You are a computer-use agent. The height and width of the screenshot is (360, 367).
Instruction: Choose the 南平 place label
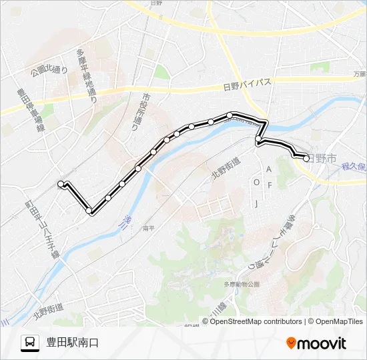[x=149, y=228]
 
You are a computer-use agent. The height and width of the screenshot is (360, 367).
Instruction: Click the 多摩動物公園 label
[x=241, y=284]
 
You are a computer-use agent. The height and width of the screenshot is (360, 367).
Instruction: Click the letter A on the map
[x=270, y=169]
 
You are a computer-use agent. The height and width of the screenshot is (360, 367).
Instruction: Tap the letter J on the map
[x=256, y=203]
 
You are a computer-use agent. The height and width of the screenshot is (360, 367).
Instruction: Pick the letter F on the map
[x=270, y=185]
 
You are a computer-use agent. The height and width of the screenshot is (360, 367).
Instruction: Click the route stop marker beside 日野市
[x=306, y=159]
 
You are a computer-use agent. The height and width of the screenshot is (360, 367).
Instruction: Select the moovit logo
[x=316, y=343]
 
